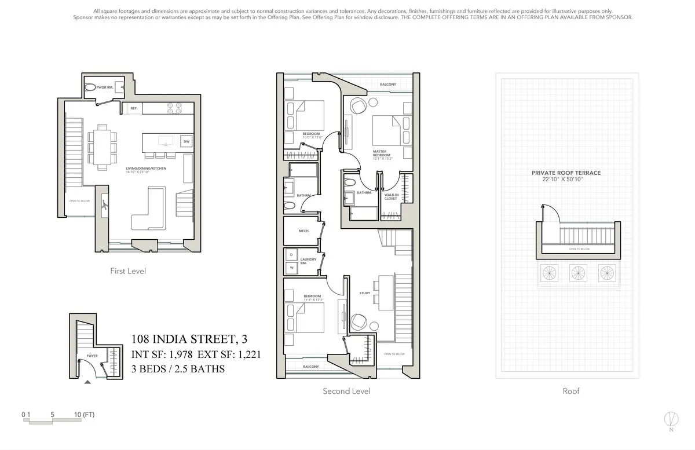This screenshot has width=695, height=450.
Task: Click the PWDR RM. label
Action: pyautogui.click(x=104, y=87)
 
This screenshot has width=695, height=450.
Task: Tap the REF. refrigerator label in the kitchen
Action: pyautogui.click(x=133, y=108)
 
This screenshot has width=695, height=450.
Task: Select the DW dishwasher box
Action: pyautogui.click(x=186, y=142)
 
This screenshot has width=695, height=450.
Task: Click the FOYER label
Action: pyautogui.click(x=92, y=356)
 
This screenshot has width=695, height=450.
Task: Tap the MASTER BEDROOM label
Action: pyautogui.click(x=382, y=154)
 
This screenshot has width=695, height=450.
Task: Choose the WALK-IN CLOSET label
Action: pyautogui.click(x=391, y=197)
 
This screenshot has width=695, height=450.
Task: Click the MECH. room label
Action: pyautogui.click(x=303, y=231)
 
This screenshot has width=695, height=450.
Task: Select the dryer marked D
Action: pyautogui.click(x=291, y=255)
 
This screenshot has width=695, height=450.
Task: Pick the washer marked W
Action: pyautogui.click(x=291, y=268)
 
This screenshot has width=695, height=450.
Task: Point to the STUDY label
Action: pyautogui.click(x=364, y=293)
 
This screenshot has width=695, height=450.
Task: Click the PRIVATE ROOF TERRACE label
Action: pyautogui.click(x=566, y=173)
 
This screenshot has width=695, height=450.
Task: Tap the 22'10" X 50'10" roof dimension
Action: pyautogui.click(x=566, y=180)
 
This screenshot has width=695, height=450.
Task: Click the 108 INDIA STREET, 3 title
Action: pyautogui.click(x=192, y=339)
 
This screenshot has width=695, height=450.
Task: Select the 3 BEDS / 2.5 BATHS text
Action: pyautogui.click(x=178, y=368)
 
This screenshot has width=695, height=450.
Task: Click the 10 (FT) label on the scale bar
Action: pyautogui.click(x=81, y=415)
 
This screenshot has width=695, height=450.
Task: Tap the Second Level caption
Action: pyautogui.click(x=346, y=391)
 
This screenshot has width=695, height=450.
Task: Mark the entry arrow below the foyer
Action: pyautogui.click(x=87, y=382)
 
